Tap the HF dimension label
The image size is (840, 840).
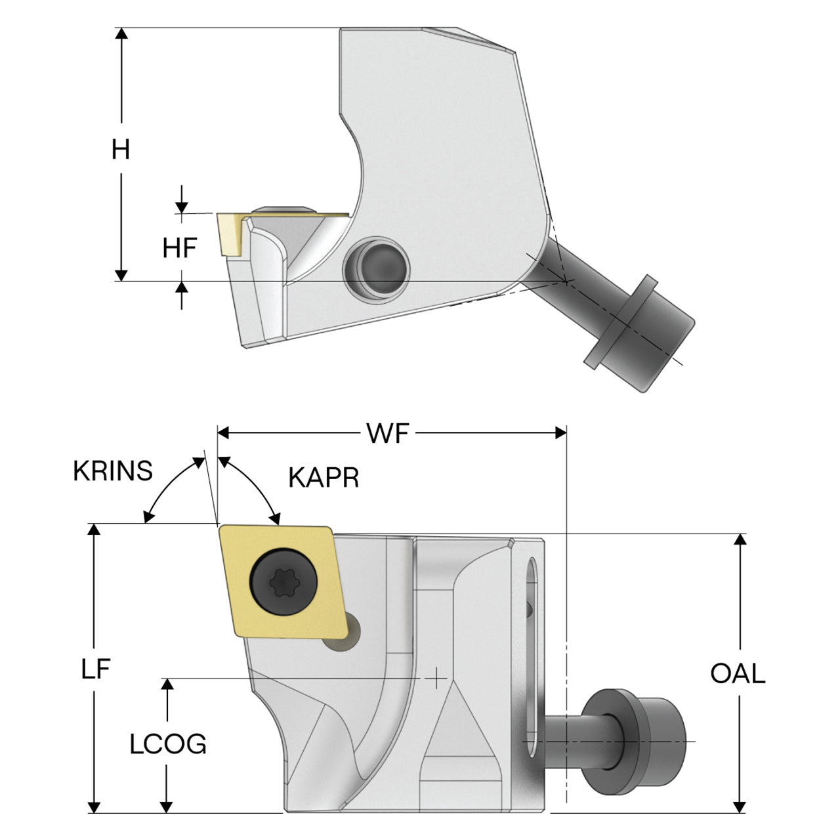(180, 247)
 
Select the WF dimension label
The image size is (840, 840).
(388, 433)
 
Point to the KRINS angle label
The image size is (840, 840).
(112, 471)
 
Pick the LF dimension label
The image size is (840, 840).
(95, 669)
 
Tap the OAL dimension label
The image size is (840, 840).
(738, 673)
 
